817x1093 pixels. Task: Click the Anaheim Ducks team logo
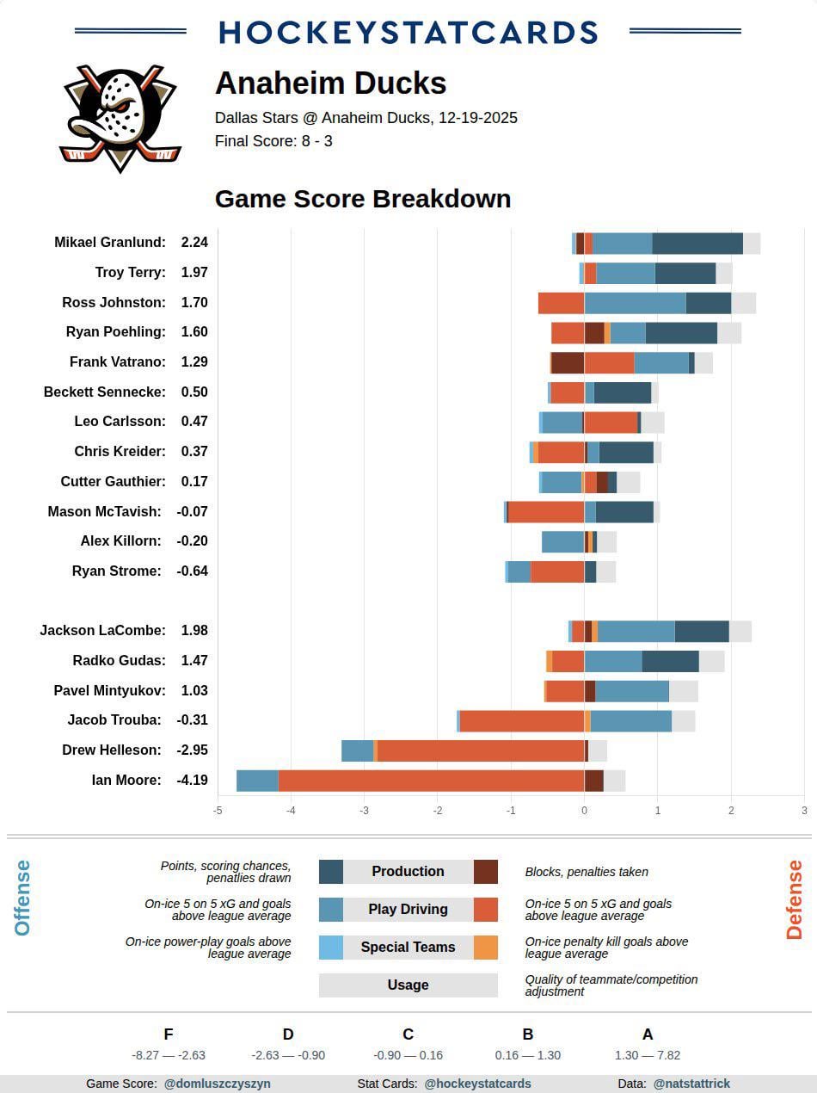120,116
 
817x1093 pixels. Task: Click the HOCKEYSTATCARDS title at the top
408,33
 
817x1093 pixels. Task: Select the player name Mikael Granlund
109,243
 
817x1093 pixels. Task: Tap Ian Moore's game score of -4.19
193,781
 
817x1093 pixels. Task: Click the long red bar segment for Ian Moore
430,781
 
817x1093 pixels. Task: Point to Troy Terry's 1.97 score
194,273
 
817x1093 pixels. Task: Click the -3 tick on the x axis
364,811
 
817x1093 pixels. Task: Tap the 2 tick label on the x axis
731,811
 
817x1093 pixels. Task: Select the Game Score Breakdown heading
362,199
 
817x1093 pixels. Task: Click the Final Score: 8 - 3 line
273,141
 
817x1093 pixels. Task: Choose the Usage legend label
408,985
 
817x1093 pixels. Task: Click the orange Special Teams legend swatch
486,948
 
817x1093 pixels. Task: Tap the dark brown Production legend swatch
486,872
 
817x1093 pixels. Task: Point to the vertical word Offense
23,898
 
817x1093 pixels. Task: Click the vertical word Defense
794,899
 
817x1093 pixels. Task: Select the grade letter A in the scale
648,1034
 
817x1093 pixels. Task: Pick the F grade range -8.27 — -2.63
169,1055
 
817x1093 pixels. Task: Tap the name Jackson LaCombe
102,631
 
